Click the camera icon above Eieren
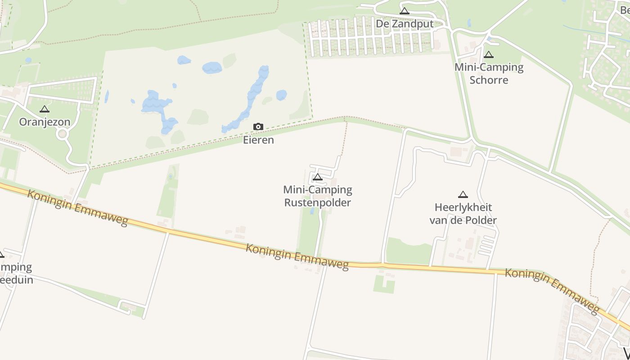pos(258,127)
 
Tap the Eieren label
pos(258,140)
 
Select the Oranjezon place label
pos(45,122)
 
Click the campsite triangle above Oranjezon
pos(44,109)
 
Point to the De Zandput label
pos(405,24)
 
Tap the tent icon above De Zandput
pos(404,11)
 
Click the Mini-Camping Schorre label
pos(489,74)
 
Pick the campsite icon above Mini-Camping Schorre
pos(489,55)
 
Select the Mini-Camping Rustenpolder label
pos(318,196)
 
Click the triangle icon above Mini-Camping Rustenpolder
pos(318,177)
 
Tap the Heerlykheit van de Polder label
pos(463,214)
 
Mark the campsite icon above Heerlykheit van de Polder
pos(463,194)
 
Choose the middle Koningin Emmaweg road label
pos(297,257)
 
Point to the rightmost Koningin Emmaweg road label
pos(552,291)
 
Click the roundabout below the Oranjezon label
pos(62,134)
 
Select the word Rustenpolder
pos(318,202)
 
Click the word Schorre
pos(489,80)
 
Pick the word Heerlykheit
pos(463,207)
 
